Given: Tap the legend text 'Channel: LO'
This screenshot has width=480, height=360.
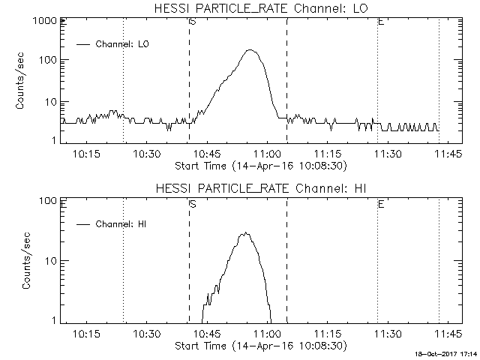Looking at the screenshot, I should [x=124, y=44].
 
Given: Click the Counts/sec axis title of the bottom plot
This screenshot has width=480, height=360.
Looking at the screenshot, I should [x=27, y=260].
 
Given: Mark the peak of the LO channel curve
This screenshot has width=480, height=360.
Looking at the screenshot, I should [x=250, y=50].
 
